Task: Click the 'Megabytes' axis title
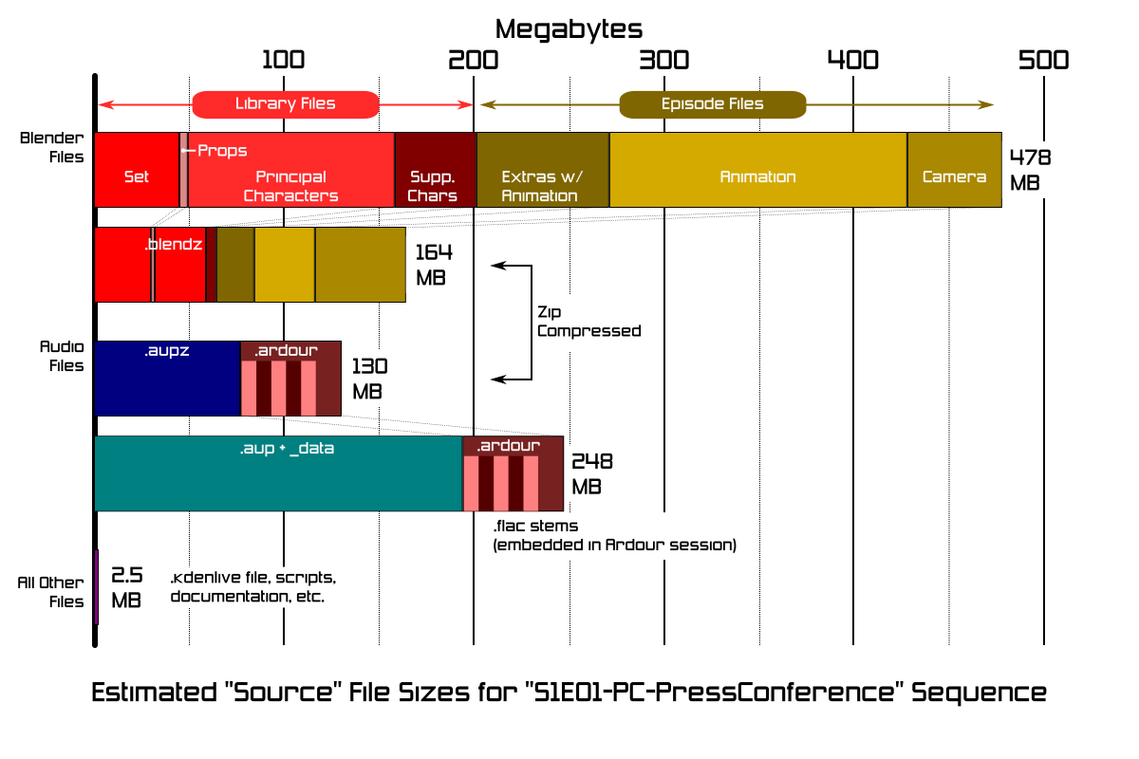(x=569, y=28)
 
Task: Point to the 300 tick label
(x=663, y=60)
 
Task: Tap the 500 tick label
(x=1043, y=60)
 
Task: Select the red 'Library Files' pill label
(x=285, y=103)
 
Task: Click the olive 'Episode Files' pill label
(x=712, y=103)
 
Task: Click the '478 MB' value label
(x=1029, y=169)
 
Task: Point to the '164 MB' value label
(x=434, y=265)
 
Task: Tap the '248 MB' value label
(x=591, y=473)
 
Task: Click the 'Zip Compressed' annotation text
(x=588, y=322)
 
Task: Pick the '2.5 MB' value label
(x=126, y=587)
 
